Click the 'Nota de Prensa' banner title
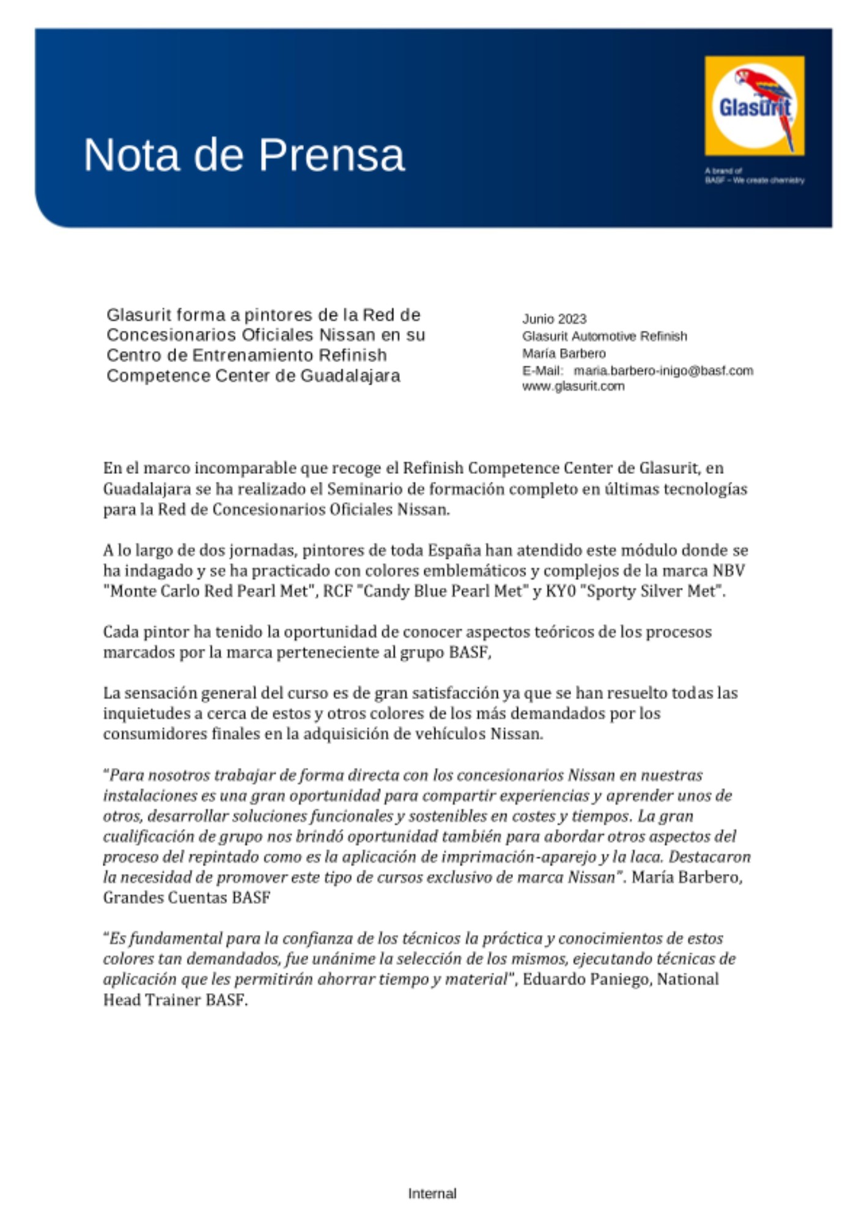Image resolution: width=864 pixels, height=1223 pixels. (244, 155)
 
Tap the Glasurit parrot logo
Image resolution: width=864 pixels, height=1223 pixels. (754, 106)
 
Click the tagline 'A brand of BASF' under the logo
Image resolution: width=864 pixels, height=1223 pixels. (754, 176)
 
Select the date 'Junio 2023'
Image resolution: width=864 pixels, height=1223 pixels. (554, 319)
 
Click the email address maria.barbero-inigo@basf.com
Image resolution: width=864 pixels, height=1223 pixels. (663, 371)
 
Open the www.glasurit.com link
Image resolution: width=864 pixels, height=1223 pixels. (573, 386)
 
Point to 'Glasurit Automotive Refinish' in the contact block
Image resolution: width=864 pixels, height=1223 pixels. (604, 336)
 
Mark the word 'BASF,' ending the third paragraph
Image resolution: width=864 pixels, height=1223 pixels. (470, 652)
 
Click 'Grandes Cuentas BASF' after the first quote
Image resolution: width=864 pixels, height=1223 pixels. (186, 898)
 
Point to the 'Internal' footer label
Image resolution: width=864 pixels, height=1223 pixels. (432, 1193)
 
